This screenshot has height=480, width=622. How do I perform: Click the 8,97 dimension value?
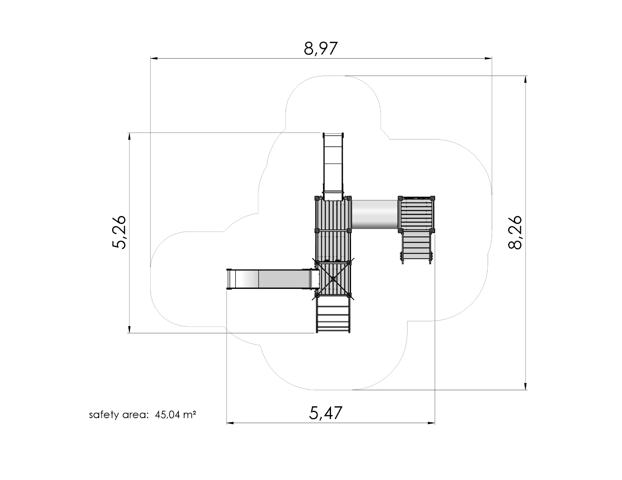[321, 48]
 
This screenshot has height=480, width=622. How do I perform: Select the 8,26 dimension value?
[515, 232]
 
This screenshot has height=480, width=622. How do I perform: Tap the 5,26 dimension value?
[118, 232]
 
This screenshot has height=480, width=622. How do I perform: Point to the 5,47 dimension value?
[325, 413]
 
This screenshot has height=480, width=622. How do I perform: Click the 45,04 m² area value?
[175, 415]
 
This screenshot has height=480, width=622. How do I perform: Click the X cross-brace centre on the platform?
[333, 279]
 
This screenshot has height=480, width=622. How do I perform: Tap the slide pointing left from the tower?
[272, 279]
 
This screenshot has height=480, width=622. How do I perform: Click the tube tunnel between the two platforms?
[375, 214]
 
